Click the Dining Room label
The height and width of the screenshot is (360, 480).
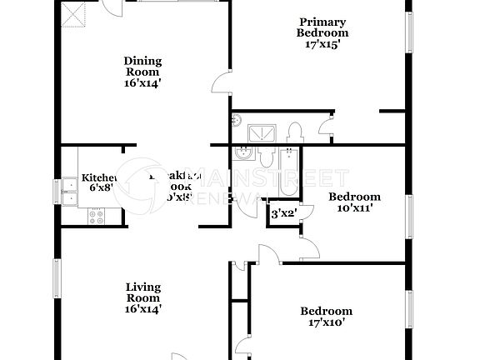pyautogui.click(x=142, y=66)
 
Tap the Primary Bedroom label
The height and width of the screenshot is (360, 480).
pyautogui.click(x=322, y=27)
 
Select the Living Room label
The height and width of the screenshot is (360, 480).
pyautogui.click(x=142, y=292)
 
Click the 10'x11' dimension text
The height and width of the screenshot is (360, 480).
pyautogui.click(x=354, y=208)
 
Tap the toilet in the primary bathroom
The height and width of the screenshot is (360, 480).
pyautogui.click(x=294, y=132)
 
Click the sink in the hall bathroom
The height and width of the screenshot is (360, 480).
pyautogui.click(x=243, y=153)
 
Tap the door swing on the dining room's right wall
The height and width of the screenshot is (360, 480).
pyautogui.click(x=220, y=82)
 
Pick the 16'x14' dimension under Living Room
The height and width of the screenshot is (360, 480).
pyautogui.click(x=142, y=308)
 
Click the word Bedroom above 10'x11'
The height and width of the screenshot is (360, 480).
pyautogui.click(x=354, y=197)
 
